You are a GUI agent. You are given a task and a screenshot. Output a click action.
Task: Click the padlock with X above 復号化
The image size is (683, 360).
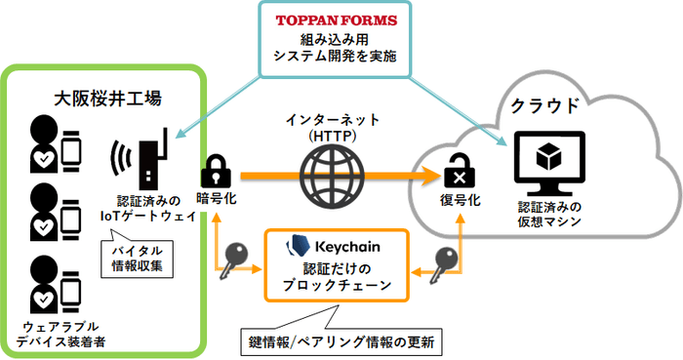[457, 175]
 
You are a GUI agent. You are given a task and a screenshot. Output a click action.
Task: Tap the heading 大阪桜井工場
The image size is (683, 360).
[107, 99]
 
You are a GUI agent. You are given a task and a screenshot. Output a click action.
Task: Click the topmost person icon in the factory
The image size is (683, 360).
[44, 141]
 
